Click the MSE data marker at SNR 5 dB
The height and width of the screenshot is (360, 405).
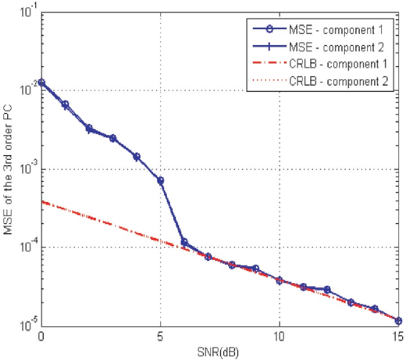pos(160,180)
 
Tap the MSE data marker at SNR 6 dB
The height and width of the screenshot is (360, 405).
pos(184,242)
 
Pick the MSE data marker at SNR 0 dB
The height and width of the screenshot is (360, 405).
pos(41,82)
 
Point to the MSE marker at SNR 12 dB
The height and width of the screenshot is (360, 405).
pos(327,289)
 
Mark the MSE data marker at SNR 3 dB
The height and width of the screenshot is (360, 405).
pos(112,138)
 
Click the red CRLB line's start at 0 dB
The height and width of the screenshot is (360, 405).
pos(42,202)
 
